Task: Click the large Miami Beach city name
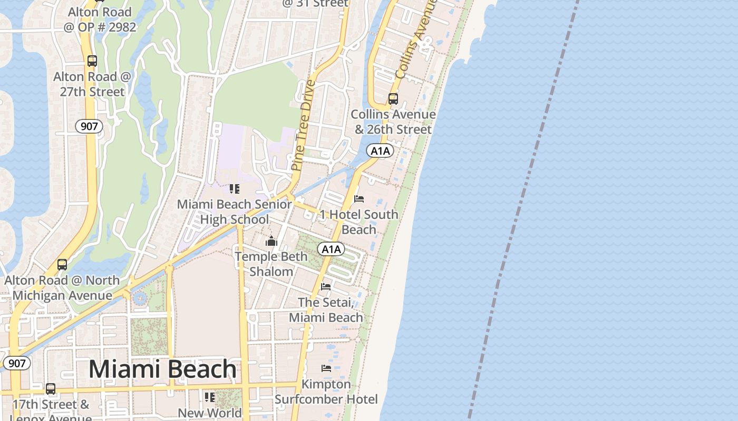pyautogui.click(x=162, y=369)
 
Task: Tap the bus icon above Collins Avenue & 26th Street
pyautogui.click(x=393, y=98)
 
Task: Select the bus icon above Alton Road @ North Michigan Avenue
pyautogui.click(x=62, y=265)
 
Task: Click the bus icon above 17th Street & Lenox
pyautogui.click(x=51, y=389)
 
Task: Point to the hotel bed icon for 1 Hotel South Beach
pyautogui.click(x=359, y=199)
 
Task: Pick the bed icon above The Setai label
pyautogui.click(x=326, y=287)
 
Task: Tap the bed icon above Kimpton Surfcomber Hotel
pyautogui.click(x=326, y=368)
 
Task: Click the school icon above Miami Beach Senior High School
pyautogui.click(x=235, y=188)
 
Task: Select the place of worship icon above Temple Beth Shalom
pyautogui.click(x=271, y=242)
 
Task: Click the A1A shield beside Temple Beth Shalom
pyautogui.click(x=331, y=249)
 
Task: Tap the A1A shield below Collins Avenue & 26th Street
pyautogui.click(x=380, y=151)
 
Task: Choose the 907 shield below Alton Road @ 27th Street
pyautogui.click(x=89, y=126)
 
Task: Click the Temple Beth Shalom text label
pyautogui.click(x=271, y=264)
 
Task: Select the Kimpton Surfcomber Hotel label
pyautogui.click(x=326, y=392)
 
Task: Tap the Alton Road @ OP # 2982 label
pyautogui.click(x=100, y=19)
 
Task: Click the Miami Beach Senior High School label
pyautogui.click(x=235, y=212)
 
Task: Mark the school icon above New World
pyautogui.click(x=210, y=397)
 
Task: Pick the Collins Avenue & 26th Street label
pyautogui.click(x=393, y=122)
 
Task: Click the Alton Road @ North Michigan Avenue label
pyautogui.click(x=62, y=288)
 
